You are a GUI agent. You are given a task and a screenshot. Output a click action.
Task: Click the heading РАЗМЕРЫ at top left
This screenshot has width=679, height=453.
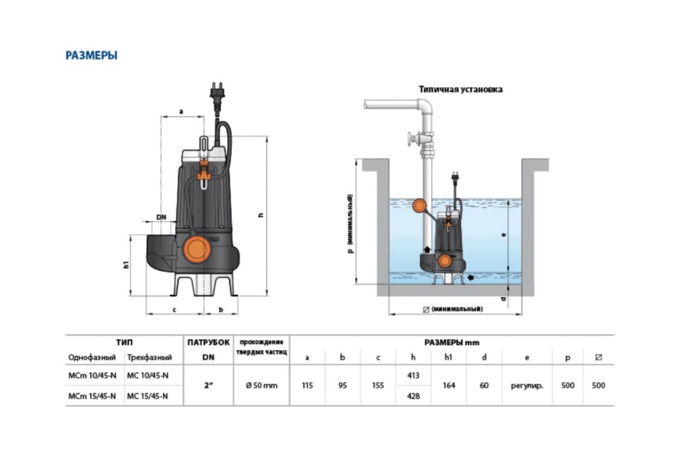pos(92,55)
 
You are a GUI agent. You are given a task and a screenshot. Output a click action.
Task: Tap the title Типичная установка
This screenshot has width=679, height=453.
pos(461,89)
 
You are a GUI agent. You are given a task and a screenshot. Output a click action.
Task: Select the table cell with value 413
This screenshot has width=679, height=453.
pos(414,375)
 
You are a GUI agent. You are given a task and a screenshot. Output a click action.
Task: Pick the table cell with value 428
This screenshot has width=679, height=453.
pos(414,396)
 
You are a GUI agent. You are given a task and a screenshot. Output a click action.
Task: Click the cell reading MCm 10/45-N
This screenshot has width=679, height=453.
pos(92,375)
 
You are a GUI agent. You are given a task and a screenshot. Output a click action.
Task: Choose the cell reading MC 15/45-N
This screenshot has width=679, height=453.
pos(148,396)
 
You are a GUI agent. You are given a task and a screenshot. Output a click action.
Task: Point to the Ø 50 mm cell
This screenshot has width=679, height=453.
pos(261,386)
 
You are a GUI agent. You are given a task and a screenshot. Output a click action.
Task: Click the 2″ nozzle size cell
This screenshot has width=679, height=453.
pos(208,386)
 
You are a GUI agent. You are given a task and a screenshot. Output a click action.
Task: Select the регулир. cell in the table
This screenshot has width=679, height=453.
pos(527,386)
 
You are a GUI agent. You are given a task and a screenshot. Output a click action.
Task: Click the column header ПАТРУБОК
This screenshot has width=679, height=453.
pos(208,343)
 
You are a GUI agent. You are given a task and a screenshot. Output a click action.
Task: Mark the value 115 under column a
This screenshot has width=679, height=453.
pos(307,386)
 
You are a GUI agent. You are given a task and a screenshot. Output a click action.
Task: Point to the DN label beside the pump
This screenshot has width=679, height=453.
pos(161,217)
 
